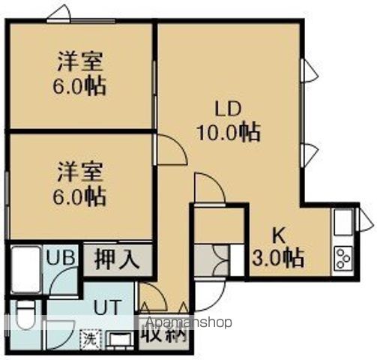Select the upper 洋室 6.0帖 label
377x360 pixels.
coord(79,73)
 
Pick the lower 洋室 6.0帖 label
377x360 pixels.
coord(79,185)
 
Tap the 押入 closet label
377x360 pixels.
coord(117,259)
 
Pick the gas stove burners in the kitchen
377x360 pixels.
coord(344,257)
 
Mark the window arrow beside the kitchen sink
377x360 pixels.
coord(367,220)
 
